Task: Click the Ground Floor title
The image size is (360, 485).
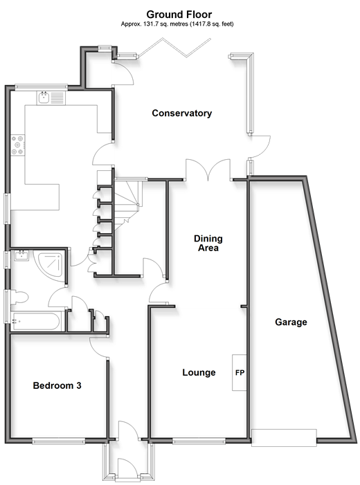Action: [x=179, y=15]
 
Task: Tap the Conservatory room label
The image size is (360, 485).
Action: [x=181, y=113]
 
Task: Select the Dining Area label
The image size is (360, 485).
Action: [x=208, y=243]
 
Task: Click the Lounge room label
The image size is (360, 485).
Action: [x=199, y=372]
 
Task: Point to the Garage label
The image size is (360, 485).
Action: [x=291, y=322]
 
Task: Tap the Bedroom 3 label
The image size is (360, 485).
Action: [x=57, y=385]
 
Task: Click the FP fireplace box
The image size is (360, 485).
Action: [x=240, y=372]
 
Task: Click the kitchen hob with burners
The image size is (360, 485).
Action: [x=17, y=145]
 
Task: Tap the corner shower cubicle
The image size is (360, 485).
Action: [x=51, y=266]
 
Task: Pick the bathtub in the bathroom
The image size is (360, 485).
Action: [x=35, y=322]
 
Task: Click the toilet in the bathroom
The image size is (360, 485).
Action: [x=19, y=298]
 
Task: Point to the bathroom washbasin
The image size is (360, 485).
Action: [x=21, y=256]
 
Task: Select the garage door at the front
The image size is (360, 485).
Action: [x=284, y=438]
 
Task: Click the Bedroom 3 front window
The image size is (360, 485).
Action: [x=59, y=441]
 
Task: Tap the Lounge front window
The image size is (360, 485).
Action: [x=199, y=441]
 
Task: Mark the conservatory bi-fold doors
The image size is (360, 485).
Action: [x=174, y=47]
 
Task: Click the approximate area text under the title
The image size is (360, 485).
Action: [x=177, y=24]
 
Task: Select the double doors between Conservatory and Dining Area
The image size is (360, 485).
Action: [x=208, y=170]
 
